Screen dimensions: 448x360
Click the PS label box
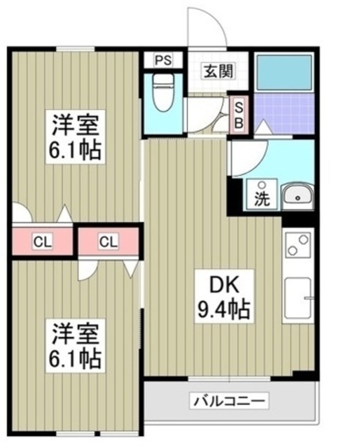click(x=163, y=60)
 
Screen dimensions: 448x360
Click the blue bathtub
click(x=284, y=71)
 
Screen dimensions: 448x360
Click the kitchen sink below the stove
click(x=298, y=299)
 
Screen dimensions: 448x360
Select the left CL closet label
click(x=42, y=242)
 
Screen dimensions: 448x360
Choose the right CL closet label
click(x=107, y=242)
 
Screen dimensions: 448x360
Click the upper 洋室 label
click(x=76, y=126)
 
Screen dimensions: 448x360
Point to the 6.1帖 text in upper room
click(x=76, y=148)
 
